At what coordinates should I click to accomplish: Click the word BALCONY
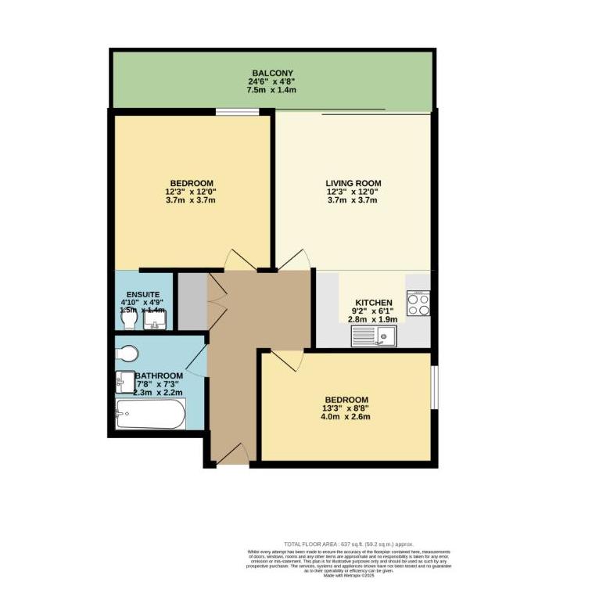pyautogui.click(x=272, y=74)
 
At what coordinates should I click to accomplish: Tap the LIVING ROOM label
pyautogui.click(x=353, y=184)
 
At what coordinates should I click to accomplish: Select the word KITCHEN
pyautogui.click(x=374, y=303)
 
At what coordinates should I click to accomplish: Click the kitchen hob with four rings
pyautogui.click(x=418, y=303)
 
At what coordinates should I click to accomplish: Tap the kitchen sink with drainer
pyautogui.click(x=376, y=336)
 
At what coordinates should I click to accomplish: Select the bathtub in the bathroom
pyautogui.click(x=151, y=414)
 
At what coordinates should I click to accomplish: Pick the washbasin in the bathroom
pyautogui.click(x=125, y=383)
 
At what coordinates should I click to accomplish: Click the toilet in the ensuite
pyautogui.click(x=128, y=321)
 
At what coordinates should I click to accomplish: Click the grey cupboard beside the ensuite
pyautogui.click(x=192, y=300)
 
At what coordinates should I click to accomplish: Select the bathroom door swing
pyautogui.click(x=197, y=360)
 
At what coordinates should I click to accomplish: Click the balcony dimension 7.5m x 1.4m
pyautogui.click(x=272, y=90)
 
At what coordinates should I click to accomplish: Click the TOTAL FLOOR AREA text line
pyautogui.click(x=348, y=544)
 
